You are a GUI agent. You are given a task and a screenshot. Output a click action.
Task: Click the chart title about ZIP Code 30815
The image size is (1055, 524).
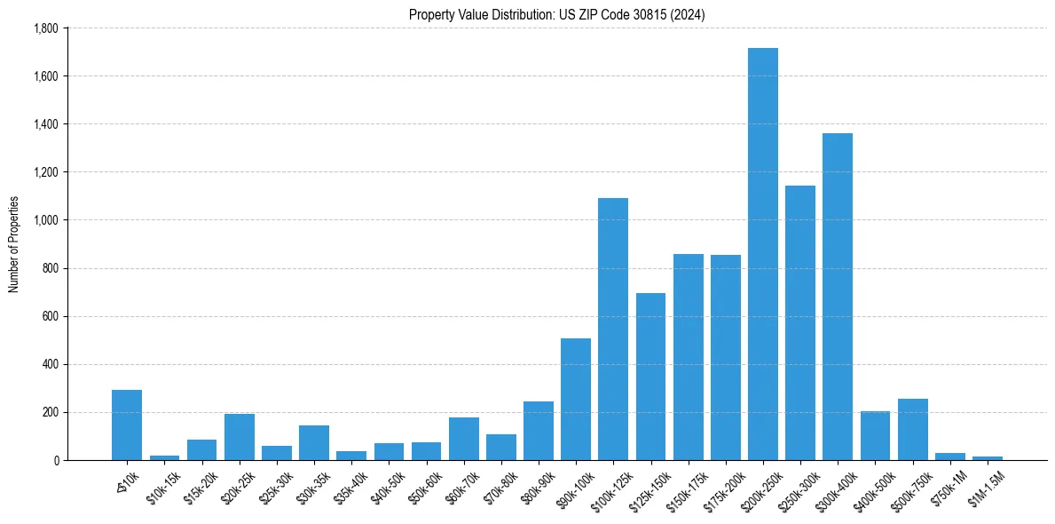[556, 15]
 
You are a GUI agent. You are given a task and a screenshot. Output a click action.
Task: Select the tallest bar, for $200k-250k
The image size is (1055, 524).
[762, 254]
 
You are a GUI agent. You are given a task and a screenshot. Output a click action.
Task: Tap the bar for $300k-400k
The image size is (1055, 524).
[838, 297]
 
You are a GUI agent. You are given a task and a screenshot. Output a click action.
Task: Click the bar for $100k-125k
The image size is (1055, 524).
[613, 329]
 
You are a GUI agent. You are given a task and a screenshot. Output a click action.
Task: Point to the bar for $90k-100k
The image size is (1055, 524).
[576, 399]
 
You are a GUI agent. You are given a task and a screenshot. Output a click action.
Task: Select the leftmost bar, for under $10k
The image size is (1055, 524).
[127, 425]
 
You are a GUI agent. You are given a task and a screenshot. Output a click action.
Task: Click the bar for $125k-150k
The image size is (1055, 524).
[650, 377]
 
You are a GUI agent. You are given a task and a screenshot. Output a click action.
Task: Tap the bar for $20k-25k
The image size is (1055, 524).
[240, 437]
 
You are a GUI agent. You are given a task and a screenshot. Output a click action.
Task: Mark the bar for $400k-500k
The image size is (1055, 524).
[875, 435]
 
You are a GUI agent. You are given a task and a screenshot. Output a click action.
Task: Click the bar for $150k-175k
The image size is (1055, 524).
[688, 357]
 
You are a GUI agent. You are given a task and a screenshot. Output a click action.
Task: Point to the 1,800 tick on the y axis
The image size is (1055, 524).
[45, 28]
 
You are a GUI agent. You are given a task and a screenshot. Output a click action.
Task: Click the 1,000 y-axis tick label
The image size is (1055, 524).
[45, 220]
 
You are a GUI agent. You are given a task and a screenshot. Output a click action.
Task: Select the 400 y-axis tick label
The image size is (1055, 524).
[50, 364]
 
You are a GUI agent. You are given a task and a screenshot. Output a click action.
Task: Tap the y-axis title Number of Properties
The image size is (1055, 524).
[14, 244]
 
